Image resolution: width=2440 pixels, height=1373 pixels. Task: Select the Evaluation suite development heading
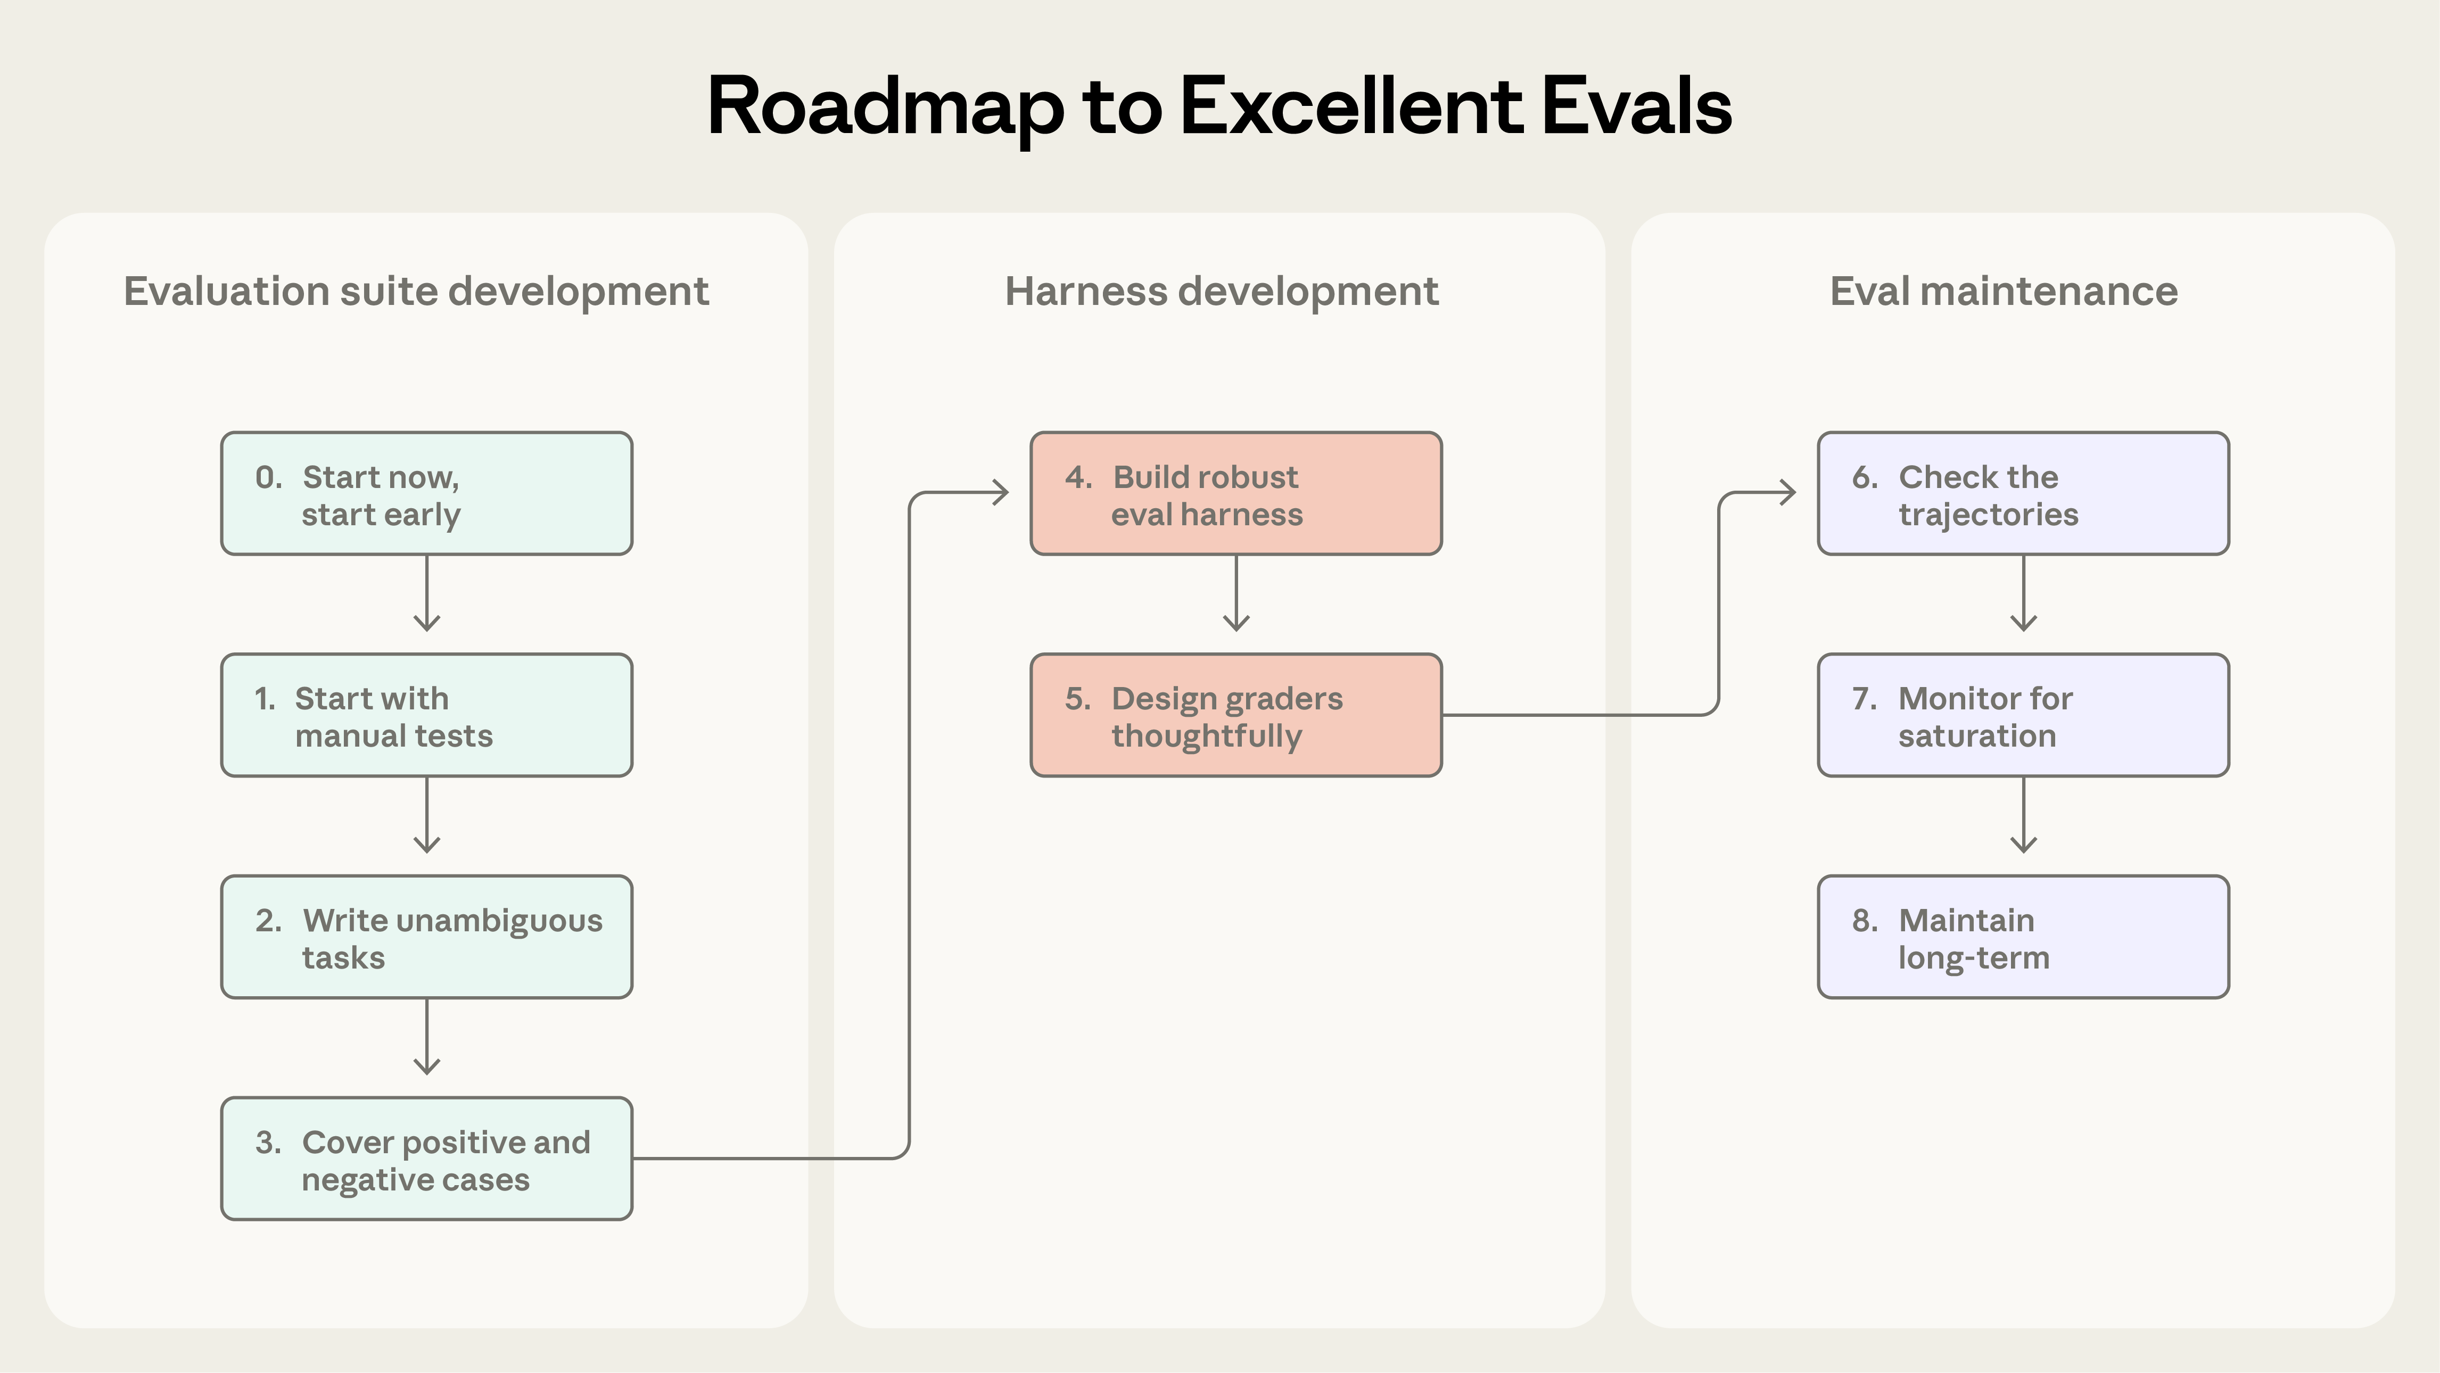pos(416,292)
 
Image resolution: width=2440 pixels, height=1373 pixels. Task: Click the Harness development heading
pos(1221,292)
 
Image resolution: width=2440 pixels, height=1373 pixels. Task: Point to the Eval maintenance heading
pos(2004,292)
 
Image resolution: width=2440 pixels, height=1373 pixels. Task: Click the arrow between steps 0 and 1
pos(427,594)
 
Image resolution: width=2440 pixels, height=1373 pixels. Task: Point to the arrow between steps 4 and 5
pos(1236,594)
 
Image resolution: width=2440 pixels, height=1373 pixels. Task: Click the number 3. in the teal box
pos(268,1143)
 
